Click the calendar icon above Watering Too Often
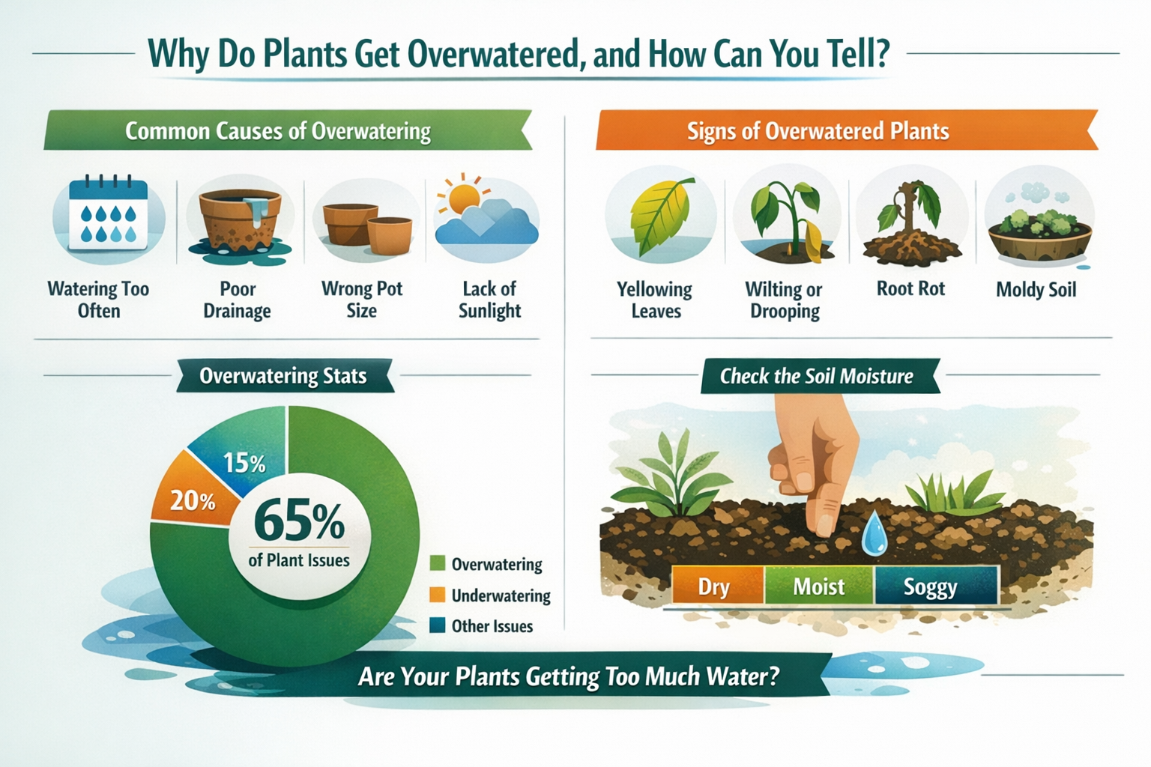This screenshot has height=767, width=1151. pos(108,215)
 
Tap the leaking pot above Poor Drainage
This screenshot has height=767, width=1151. pos(239,217)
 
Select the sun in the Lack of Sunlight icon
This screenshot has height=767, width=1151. pos(462,195)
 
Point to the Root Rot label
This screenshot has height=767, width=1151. pos(910,289)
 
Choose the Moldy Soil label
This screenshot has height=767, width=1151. pos(1036,290)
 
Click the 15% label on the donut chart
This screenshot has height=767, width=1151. pos(244,464)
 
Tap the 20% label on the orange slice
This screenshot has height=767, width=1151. pos(193,501)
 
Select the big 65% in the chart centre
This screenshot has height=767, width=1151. pos(299,521)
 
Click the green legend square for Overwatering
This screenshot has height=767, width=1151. pos(438,564)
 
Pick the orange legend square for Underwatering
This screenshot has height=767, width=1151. pos(438,595)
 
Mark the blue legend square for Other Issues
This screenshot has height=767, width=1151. pos(438,626)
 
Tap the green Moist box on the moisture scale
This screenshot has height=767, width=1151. pos(818,586)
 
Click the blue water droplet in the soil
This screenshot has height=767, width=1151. pos(873,535)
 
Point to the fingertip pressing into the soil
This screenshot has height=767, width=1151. pos(824,524)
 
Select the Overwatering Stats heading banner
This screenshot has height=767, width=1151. pos(283,376)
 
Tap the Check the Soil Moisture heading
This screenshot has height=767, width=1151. pos(817,376)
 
